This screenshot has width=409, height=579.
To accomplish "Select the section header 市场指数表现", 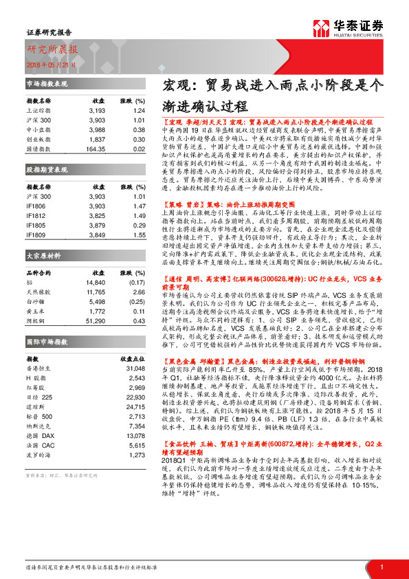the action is pos(47,83).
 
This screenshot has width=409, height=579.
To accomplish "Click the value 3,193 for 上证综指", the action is pos(97,110).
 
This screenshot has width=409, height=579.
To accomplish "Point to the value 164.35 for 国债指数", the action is pos(96,149).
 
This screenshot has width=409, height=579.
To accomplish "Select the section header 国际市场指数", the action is pos(47,341).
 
